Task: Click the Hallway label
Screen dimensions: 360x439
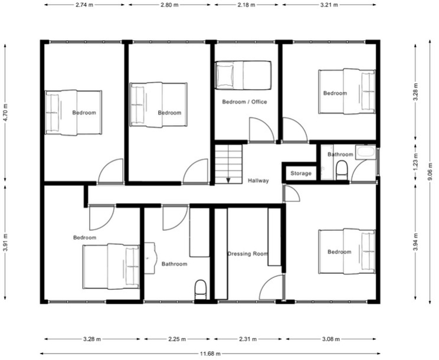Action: point(258,181)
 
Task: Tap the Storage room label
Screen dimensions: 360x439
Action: point(301,174)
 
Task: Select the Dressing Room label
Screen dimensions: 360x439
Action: point(248,254)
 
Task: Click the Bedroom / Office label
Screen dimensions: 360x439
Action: point(244,102)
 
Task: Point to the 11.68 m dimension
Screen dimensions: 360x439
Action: point(209,354)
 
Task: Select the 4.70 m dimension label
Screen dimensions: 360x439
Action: point(5,112)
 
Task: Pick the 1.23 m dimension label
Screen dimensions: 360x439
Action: point(415,163)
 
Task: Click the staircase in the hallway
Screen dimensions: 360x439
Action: point(228,165)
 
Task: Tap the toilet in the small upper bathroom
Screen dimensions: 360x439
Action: point(342,171)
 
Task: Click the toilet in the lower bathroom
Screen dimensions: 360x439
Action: point(201,289)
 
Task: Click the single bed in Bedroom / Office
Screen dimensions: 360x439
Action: point(243,75)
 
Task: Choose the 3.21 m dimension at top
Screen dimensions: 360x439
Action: point(329,5)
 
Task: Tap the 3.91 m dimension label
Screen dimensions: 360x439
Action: point(5,242)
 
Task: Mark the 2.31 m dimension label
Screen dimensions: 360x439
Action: point(248,339)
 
